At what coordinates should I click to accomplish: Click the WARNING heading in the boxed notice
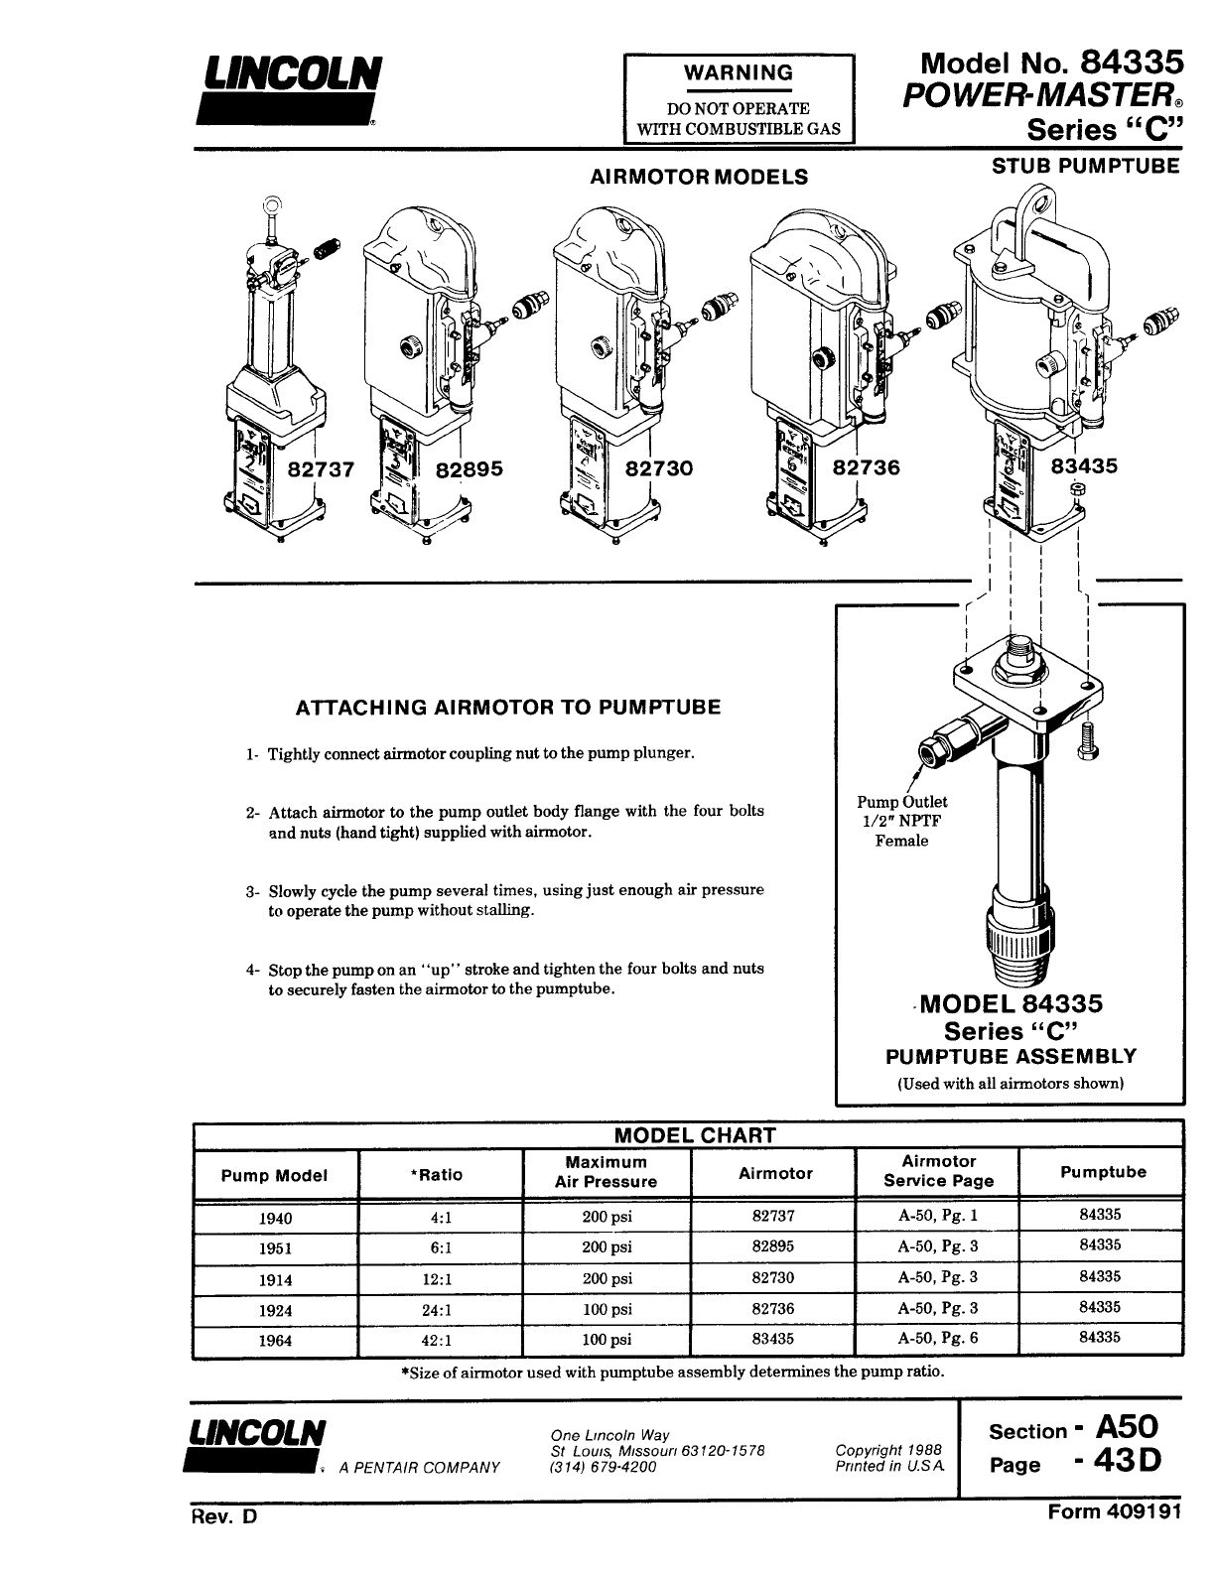point(740,72)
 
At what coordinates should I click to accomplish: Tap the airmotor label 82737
point(320,468)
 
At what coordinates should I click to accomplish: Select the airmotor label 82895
point(471,468)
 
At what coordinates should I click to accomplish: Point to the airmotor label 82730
point(659,468)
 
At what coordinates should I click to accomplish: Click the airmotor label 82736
point(867,467)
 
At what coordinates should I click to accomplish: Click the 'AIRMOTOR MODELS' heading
point(699,177)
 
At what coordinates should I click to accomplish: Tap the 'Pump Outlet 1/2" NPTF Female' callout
point(901,821)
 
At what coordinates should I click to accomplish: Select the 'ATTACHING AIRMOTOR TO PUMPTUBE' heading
point(508,708)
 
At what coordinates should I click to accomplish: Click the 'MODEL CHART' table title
point(695,1135)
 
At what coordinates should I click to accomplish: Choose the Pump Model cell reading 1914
point(275,1280)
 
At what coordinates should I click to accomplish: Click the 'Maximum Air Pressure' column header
point(606,1172)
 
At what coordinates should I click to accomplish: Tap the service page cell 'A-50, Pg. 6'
point(937,1338)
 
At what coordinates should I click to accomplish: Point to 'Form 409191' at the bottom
point(1115,1512)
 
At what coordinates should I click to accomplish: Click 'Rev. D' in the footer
point(224,1518)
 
